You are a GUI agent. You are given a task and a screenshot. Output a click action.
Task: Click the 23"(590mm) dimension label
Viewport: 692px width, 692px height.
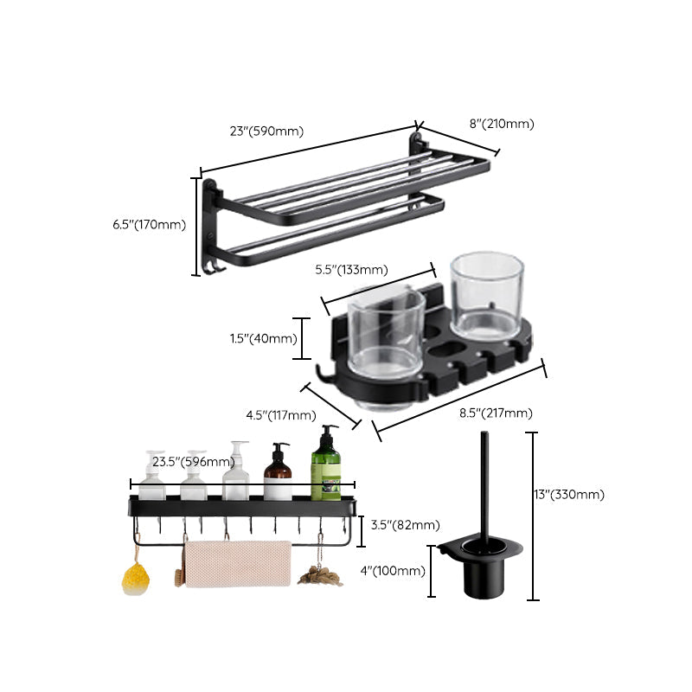pos(266,131)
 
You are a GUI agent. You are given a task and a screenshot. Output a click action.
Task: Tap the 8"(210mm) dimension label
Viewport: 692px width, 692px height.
pos(502,124)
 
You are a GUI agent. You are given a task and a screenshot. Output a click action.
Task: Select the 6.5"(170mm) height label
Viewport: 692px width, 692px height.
pos(149,225)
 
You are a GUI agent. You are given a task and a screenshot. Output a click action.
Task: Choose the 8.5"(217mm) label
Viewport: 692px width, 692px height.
pos(497,413)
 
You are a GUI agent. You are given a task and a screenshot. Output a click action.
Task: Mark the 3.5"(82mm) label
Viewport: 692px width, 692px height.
pos(404,525)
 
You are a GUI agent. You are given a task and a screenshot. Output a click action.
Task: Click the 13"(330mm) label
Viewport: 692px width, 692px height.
pos(568,495)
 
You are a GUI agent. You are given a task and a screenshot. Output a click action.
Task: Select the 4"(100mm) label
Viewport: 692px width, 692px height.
pos(393,570)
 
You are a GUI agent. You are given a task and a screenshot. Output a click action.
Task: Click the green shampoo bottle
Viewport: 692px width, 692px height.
pos(326,467)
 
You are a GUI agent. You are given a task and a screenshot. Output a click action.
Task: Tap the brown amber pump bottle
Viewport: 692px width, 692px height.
pos(278,476)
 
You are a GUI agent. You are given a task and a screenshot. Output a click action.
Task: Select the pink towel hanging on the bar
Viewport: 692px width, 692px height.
pos(238,563)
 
